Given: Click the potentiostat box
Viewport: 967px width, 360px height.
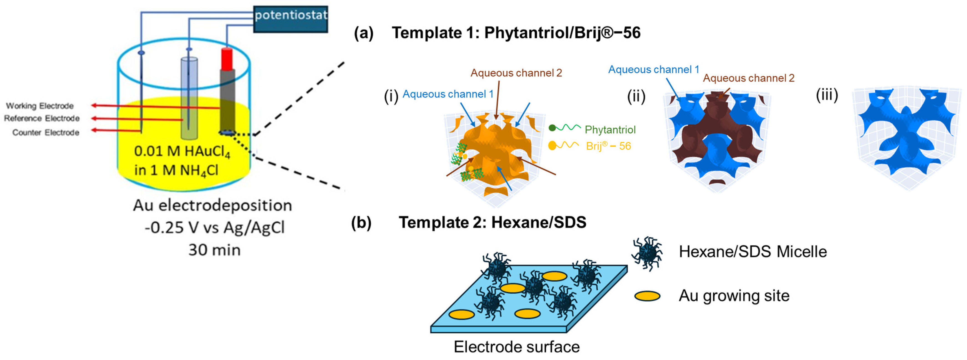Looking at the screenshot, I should [x=291, y=19].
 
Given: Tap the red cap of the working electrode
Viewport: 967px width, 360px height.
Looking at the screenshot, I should [x=227, y=59].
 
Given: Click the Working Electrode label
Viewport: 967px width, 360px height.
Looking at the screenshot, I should [x=40, y=106].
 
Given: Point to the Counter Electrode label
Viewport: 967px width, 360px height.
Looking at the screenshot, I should [x=46, y=133].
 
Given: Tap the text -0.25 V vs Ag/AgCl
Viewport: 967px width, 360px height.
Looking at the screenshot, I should [x=214, y=227].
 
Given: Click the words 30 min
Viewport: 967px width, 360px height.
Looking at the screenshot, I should [x=214, y=250].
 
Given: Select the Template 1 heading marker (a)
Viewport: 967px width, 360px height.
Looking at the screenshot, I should [x=363, y=33].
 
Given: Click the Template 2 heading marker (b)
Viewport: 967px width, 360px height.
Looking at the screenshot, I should [x=361, y=223].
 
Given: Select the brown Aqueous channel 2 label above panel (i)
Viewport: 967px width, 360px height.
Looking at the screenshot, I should [x=516, y=73].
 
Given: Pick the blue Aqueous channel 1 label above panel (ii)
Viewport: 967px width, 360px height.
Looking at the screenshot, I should [x=653, y=69].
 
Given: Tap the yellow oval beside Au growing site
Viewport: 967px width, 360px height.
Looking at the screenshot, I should [x=647, y=296].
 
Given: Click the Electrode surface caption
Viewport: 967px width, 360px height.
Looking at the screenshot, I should [x=516, y=347].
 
